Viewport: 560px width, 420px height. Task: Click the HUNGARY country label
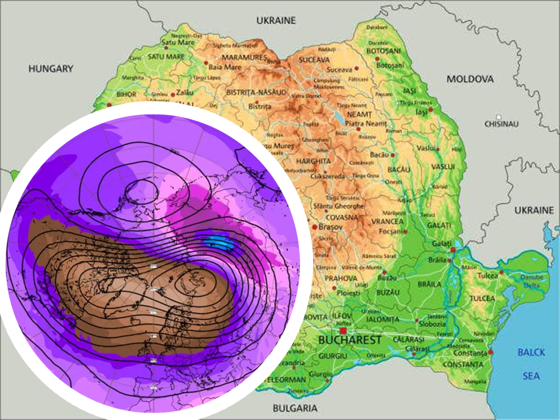coord(51,69)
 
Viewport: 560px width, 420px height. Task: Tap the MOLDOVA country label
coord(470,79)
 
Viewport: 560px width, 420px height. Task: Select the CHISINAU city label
coord(501,124)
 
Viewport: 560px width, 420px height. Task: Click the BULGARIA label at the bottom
coord(295,408)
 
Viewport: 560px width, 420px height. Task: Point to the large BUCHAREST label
coord(350,340)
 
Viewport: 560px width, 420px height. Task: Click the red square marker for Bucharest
coord(343,331)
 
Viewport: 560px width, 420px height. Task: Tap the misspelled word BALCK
coord(531,352)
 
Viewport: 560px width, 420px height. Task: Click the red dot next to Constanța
coord(491,352)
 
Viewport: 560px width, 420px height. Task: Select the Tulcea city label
coord(487,276)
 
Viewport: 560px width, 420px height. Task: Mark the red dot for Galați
coord(453,250)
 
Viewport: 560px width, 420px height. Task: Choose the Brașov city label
coord(330,227)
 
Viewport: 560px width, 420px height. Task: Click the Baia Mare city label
coord(225,67)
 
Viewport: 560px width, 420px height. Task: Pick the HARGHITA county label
coord(313,161)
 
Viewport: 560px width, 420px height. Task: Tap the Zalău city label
coord(185,92)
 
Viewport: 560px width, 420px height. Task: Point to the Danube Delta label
coord(532,281)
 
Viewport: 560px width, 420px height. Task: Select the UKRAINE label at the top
coord(276,20)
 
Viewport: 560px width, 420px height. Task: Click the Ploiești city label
coord(348,293)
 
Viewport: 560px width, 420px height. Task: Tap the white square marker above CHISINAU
coord(498,117)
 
